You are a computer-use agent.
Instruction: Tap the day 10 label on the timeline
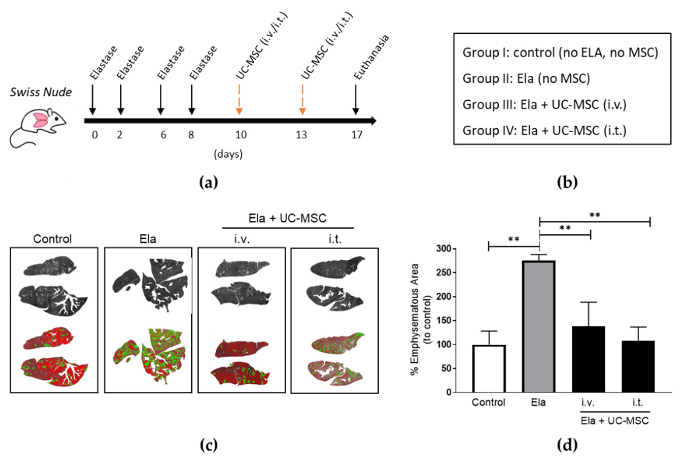coord(241,135)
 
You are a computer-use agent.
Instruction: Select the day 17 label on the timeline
coord(357,135)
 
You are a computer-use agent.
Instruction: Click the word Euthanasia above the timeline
coord(371,57)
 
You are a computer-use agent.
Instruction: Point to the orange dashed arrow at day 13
coord(302,100)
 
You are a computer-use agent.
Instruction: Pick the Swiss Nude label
coord(41,92)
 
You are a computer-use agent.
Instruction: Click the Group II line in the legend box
coord(526,79)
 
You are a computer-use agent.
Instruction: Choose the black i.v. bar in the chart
coord(588,359)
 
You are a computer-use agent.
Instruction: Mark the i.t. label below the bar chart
coord(637,402)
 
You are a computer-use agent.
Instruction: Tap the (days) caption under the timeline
coord(228,154)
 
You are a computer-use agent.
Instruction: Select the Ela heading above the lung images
coord(148,239)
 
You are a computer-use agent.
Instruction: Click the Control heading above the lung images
coord(52,239)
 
